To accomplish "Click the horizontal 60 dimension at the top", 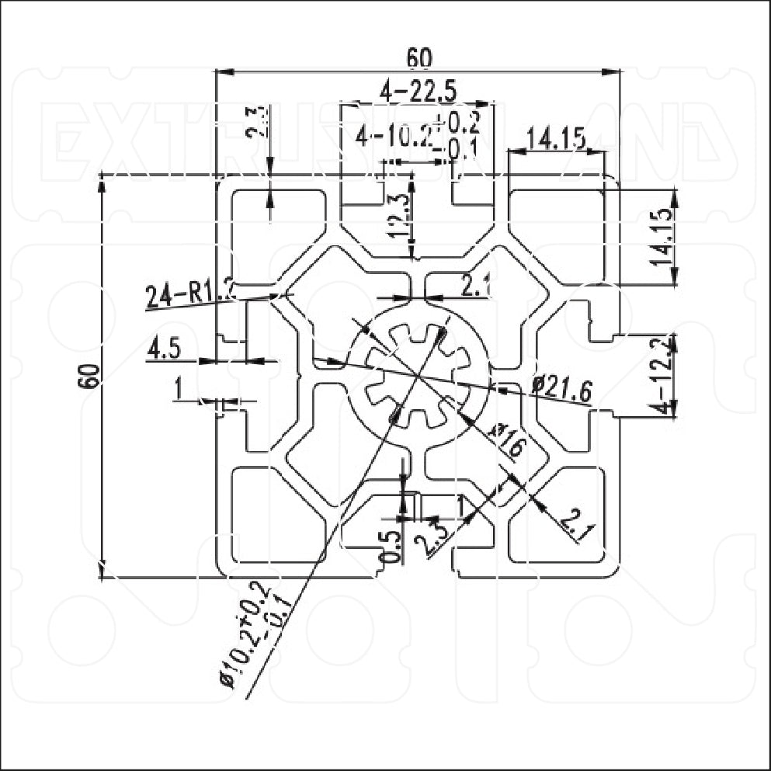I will pos(418,58).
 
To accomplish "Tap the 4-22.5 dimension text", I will pos(417,92).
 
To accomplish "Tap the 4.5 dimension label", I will pos(164,349).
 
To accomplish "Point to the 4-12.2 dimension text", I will pos(664,376).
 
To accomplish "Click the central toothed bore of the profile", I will pos(418,376).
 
